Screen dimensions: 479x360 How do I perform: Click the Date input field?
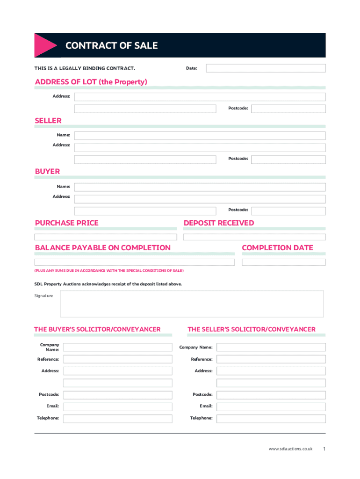pos(266,68)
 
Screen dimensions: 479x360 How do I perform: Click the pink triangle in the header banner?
pos(43,45)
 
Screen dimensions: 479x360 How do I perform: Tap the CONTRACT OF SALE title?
pos(111,45)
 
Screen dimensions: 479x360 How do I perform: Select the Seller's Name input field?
pos(200,136)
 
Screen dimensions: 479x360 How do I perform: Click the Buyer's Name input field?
pos(200,187)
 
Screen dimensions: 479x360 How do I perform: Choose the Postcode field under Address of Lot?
pos(288,109)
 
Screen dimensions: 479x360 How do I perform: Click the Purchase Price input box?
pos(106,237)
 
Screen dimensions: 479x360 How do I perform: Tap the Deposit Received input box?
pos(254,237)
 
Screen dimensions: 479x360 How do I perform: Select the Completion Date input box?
pos(283,262)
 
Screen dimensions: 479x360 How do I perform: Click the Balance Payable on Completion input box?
pos(134,262)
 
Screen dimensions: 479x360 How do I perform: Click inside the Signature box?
pos(192,304)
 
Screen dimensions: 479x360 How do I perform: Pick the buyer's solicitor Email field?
pos(117,406)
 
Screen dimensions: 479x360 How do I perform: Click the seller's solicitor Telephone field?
pos(271,418)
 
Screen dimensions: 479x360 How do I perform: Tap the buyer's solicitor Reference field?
pos(117,359)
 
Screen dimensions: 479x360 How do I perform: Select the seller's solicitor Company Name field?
pos(271,348)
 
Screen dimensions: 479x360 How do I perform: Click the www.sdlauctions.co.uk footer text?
pos(290,449)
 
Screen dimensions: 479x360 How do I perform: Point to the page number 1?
pos(324,449)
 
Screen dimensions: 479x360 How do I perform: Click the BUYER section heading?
pos(47,171)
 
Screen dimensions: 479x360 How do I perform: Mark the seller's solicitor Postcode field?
pos(271,395)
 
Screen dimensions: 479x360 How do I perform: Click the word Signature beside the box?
pos(43,296)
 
